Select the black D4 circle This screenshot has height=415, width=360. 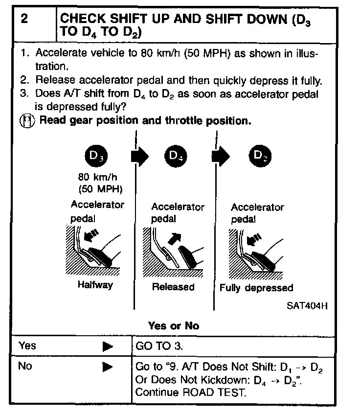point(176,156)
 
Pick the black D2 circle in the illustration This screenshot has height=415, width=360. point(259,156)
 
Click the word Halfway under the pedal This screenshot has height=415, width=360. point(95,285)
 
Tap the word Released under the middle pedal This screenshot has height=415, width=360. point(173,287)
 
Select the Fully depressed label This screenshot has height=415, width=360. point(256,288)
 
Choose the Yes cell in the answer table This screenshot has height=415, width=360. point(27,346)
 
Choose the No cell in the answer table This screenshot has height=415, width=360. point(25,366)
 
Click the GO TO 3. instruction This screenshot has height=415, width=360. point(159,346)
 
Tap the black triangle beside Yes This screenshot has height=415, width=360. point(108,347)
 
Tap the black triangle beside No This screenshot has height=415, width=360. point(108,367)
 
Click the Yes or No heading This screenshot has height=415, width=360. point(174,325)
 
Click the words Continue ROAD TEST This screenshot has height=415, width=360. point(191,392)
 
